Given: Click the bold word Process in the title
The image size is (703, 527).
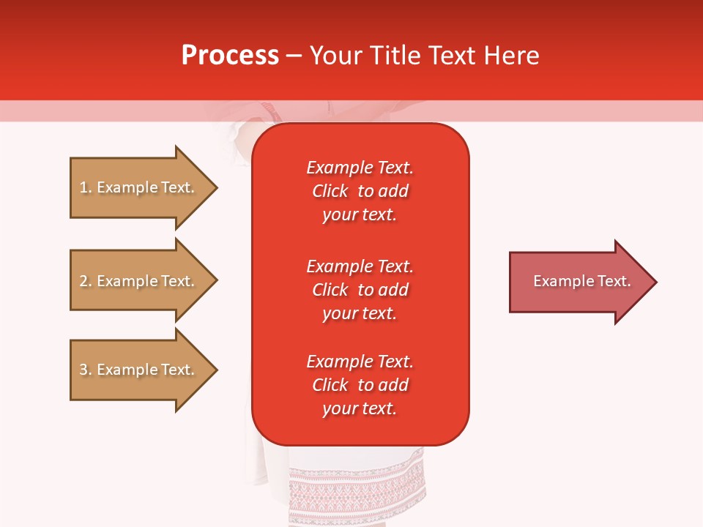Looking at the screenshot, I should pos(230,56).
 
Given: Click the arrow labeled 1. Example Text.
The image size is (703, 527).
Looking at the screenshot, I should pos(139,187).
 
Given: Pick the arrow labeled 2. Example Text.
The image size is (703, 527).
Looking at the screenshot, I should pos(139,281).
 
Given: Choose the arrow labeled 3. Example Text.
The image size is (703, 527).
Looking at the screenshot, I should pos(139,370).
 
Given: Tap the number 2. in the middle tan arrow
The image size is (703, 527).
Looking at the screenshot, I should pos(86,281).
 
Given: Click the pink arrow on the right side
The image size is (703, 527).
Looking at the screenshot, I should pos(579,282).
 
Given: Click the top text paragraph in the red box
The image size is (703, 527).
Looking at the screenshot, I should pos(360,191).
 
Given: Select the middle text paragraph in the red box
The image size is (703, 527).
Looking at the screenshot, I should pos(360,290).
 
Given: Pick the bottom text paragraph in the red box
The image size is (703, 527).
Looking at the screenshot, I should pos(360,385).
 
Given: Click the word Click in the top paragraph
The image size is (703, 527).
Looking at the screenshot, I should pos(330,191).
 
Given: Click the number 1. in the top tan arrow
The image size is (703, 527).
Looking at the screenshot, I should pos(86,187).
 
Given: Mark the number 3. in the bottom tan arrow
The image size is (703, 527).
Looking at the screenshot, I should pos(86,370).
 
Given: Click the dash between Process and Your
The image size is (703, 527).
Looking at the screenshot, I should pos(294,56).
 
